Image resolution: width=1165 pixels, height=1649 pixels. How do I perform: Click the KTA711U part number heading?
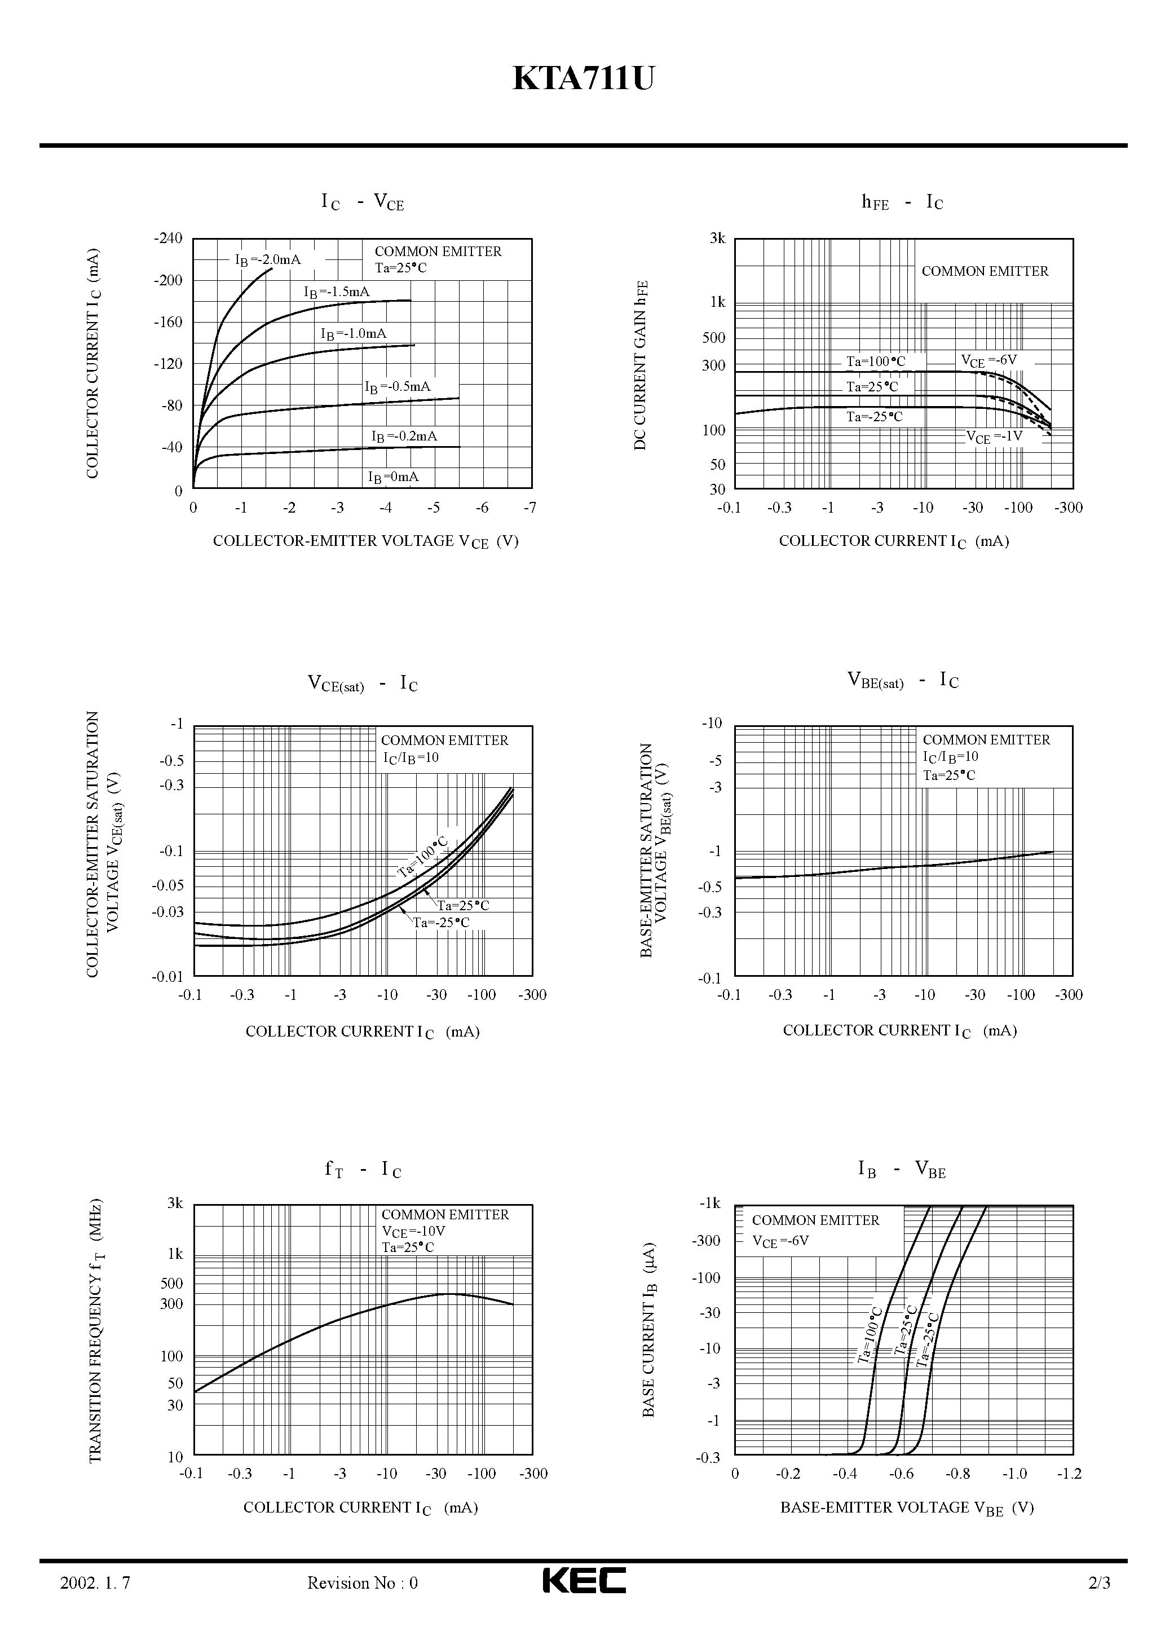click(x=582, y=79)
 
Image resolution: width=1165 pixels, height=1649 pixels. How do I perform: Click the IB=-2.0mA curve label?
click(x=268, y=260)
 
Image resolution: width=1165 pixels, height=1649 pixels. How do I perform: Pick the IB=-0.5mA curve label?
click(x=397, y=387)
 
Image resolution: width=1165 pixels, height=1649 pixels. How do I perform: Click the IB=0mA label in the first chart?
click(x=393, y=477)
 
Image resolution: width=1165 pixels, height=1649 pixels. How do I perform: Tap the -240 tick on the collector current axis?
click(x=168, y=238)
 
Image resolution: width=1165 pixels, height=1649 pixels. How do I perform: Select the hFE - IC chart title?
click(x=902, y=202)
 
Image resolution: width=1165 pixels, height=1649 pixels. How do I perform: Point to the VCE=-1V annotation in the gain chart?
click(x=994, y=436)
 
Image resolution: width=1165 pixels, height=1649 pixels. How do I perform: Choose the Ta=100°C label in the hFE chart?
click(x=876, y=362)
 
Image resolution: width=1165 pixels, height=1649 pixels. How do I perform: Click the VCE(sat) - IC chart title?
click(x=363, y=683)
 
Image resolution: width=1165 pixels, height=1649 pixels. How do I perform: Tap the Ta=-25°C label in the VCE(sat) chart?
click(x=441, y=923)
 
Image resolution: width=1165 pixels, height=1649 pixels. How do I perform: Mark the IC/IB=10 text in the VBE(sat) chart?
click(x=950, y=757)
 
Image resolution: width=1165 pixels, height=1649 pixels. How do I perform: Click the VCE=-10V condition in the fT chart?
click(x=414, y=1232)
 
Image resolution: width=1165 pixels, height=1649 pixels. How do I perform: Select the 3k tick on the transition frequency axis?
click(x=175, y=1203)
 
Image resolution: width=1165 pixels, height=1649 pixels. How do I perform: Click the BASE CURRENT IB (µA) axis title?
click(x=648, y=1329)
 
